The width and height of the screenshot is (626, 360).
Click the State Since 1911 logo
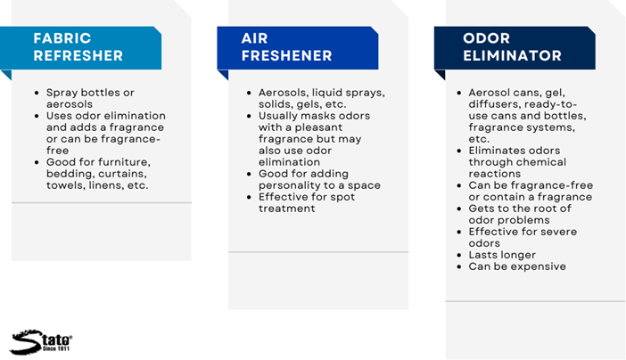(x=41, y=342)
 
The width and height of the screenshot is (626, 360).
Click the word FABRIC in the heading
(x=62, y=38)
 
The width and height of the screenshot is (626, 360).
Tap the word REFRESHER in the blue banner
(x=78, y=55)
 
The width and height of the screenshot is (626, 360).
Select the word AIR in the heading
(x=254, y=38)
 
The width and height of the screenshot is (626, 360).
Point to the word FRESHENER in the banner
(x=286, y=55)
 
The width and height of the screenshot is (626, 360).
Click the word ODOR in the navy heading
(x=486, y=38)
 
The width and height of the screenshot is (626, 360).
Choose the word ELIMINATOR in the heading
(x=512, y=55)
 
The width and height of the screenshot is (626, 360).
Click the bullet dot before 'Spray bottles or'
(x=37, y=93)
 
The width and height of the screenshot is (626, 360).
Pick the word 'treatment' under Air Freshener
(x=286, y=209)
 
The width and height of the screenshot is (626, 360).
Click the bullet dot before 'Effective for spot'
(x=249, y=197)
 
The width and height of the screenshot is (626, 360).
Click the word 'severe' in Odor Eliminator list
(x=557, y=232)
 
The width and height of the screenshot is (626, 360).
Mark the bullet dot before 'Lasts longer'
(x=459, y=255)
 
